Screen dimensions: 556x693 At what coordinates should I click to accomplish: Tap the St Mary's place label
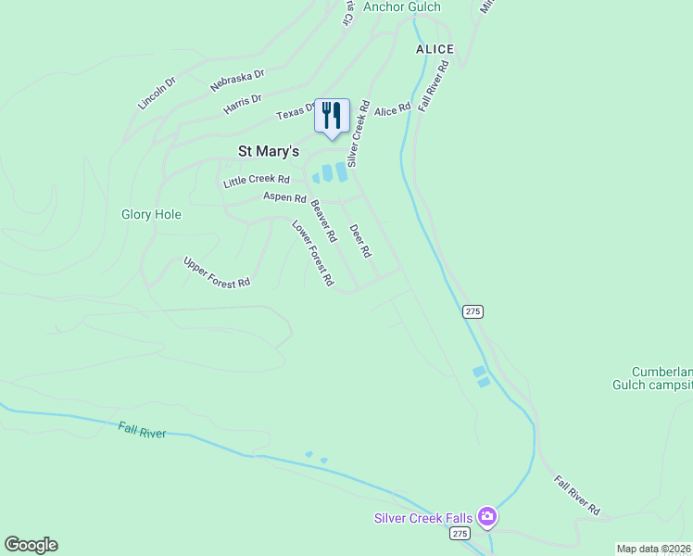[269, 151]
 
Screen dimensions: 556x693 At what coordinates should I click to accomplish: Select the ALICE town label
[435, 49]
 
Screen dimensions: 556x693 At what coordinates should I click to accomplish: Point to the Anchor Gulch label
[401, 6]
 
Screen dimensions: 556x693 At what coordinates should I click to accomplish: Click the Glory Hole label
[151, 214]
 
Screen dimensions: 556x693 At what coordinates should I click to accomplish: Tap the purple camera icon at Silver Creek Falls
[487, 517]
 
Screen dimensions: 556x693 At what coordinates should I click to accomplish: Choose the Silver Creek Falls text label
[423, 518]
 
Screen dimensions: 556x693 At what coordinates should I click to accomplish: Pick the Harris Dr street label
[243, 104]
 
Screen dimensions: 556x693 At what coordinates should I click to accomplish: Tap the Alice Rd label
[392, 110]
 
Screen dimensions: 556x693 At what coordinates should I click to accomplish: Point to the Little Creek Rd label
[257, 181]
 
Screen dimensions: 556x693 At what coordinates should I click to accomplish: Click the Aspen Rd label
[284, 197]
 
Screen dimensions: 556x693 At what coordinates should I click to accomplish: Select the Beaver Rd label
[323, 221]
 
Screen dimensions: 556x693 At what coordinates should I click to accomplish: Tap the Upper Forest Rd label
[217, 272]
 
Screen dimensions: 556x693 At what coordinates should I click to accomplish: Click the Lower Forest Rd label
[312, 252]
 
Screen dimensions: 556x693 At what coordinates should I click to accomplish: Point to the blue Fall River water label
[142, 430]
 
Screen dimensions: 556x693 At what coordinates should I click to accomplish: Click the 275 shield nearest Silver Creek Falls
[460, 534]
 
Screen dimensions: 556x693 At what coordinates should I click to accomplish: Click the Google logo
[31, 545]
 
